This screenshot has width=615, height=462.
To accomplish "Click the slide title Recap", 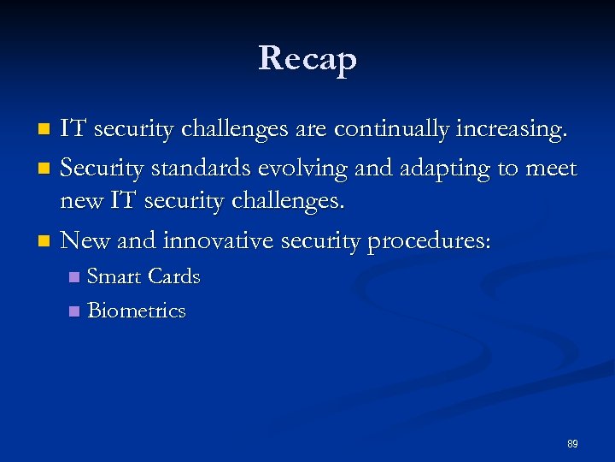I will click(x=307, y=58).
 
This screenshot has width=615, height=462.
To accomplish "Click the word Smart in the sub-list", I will click(x=115, y=277).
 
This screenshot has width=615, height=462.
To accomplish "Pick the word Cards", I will click(x=174, y=277).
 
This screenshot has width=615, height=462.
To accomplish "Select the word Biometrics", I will click(x=137, y=311).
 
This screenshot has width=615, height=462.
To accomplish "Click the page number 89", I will click(x=572, y=444).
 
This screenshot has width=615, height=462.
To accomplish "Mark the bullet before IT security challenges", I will click(x=46, y=130).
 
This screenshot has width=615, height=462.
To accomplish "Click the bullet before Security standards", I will click(x=46, y=169).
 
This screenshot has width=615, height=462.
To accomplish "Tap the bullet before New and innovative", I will click(x=46, y=242).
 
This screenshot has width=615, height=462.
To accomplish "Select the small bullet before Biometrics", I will click(x=74, y=311).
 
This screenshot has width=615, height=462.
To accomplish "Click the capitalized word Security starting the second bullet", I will click(x=101, y=169).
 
